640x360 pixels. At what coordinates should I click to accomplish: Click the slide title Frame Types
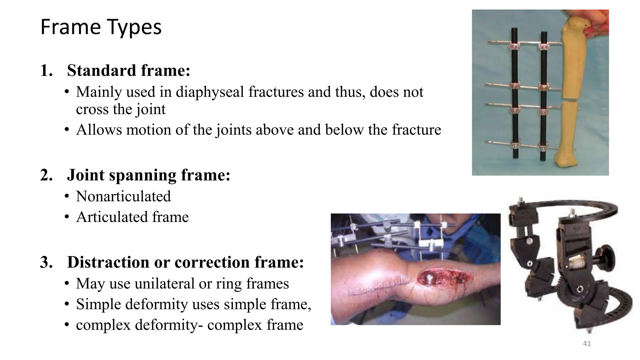coord(101,27)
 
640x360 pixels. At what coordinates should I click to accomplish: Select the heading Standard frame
coord(128,70)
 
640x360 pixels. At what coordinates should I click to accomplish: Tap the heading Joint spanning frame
coord(148,175)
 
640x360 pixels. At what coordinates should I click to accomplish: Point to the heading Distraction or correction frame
coord(185,262)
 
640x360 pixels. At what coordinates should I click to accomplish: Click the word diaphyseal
coord(210,92)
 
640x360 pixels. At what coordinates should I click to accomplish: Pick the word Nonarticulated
coord(123,197)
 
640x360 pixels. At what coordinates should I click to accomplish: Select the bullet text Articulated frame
coord(132,217)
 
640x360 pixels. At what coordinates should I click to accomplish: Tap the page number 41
coord(587,344)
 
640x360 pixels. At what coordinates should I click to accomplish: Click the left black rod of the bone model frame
coord(515,94)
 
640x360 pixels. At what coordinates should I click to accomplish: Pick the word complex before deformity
coord(103,325)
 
